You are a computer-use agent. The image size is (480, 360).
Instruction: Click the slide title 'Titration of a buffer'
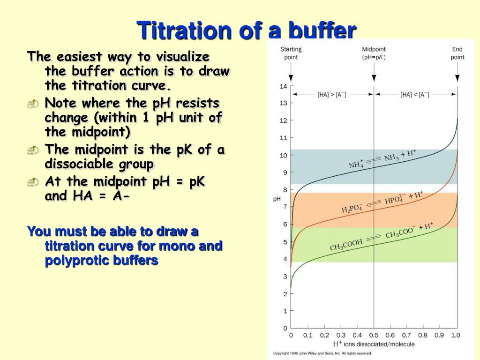point(247,31)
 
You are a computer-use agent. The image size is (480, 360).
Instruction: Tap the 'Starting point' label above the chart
point(291,53)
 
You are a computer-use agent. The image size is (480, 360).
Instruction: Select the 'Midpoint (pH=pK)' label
point(374,53)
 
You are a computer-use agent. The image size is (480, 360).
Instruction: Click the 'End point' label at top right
point(457,53)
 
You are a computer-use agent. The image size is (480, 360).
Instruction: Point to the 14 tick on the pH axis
point(283,86)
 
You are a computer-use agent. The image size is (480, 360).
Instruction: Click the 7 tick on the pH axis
point(285,207)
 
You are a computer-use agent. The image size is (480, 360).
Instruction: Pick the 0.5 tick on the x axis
point(374,335)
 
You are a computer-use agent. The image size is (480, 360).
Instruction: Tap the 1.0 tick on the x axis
point(455,335)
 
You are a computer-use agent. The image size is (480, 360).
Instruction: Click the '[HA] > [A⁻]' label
point(332,95)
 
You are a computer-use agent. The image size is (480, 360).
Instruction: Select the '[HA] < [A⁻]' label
point(415,95)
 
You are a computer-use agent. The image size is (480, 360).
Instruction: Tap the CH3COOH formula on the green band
point(346,245)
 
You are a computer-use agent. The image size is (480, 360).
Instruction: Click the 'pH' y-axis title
point(277,199)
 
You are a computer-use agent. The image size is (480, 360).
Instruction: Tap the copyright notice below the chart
point(322,353)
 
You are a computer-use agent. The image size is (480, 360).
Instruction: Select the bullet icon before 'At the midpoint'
point(32,182)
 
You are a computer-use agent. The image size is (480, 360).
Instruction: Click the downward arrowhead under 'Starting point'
point(291,80)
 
